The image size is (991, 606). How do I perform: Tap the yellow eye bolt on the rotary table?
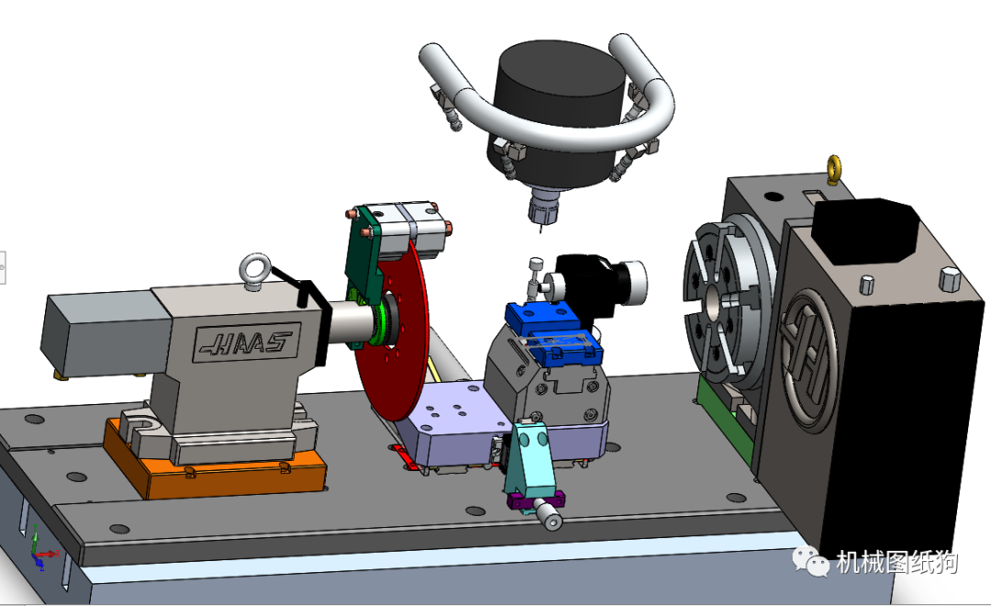click(x=834, y=169)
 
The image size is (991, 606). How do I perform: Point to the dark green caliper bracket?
click(x=364, y=252)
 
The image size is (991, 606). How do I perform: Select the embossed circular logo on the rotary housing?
click(x=807, y=358)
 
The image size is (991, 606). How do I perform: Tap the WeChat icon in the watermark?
click(x=810, y=560)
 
